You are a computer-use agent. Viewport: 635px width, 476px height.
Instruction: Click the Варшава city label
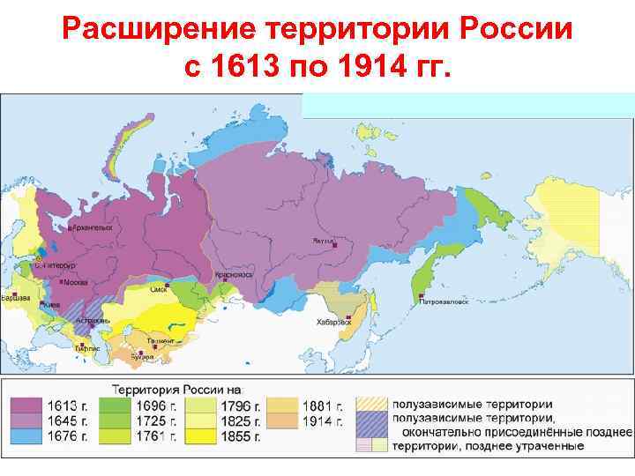pos(17,298)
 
